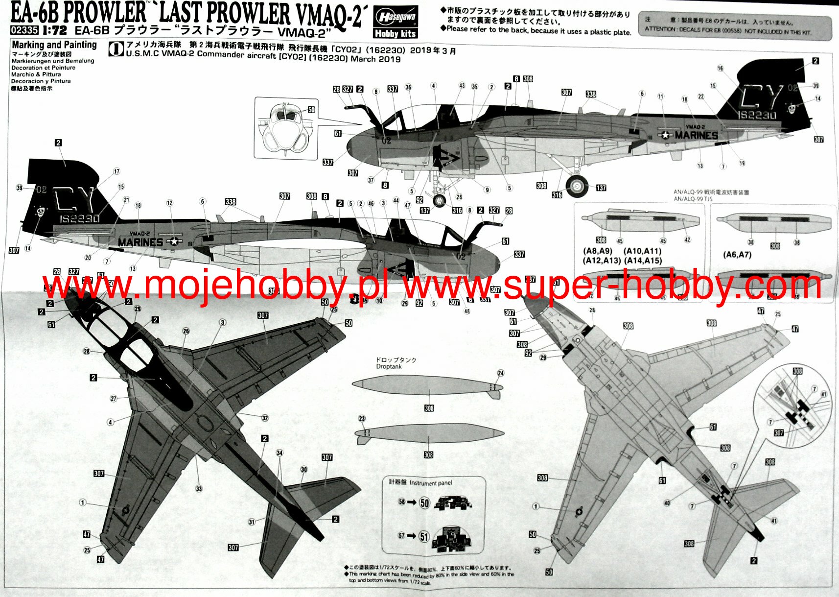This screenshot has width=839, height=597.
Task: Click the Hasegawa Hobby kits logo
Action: click(396, 23)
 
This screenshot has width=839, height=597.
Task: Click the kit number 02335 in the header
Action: click(24, 30)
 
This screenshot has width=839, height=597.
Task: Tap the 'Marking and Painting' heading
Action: click(54, 45)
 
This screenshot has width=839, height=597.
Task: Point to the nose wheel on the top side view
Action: click(440, 200)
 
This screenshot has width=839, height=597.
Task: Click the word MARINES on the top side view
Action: click(696, 135)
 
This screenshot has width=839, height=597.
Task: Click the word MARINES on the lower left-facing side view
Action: click(140, 242)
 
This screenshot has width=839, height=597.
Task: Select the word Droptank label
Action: click(389, 366)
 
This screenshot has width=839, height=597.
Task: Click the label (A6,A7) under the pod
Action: click(737, 255)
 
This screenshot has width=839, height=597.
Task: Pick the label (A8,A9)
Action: click(598, 251)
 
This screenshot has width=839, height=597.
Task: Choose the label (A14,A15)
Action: click(643, 261)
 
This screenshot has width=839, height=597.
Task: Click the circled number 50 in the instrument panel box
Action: click(424, 503)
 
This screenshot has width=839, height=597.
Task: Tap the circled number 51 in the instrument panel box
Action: click(424, 537)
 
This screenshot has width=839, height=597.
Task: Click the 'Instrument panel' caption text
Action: click(431, 483)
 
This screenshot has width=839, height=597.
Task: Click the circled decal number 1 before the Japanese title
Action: click(116, 49)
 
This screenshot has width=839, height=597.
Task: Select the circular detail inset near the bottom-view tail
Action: click(793, 406)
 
